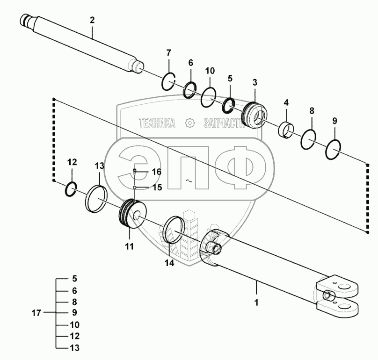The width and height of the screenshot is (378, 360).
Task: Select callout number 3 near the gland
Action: pyautogui.click(x=254, y=83)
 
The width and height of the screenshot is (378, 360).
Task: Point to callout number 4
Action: pyautogui.click(x=286, y=102)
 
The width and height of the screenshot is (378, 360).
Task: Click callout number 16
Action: pyautogui.click(x=156, y=172)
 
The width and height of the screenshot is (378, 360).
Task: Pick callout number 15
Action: pyautogui.click(x=156, y=187)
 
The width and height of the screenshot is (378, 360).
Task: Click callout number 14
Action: pyautogui.click(x=169, y=263)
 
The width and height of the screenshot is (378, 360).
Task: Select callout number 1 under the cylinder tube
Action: pyautogui.click(x=256, y=302)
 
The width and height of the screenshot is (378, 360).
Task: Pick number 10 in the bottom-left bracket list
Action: pyautogui.click(x=74, y=324)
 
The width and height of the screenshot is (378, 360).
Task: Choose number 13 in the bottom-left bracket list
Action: pyautogui.click(x=74, y=348)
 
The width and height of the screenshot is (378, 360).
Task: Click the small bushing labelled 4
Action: pyautogui.click(x=285, y=130)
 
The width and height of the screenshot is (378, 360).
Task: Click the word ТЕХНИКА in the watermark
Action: pyautogui.click(x=157, y=123)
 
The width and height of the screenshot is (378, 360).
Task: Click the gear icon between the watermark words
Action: pyautogui.click(x=189, y=123)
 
